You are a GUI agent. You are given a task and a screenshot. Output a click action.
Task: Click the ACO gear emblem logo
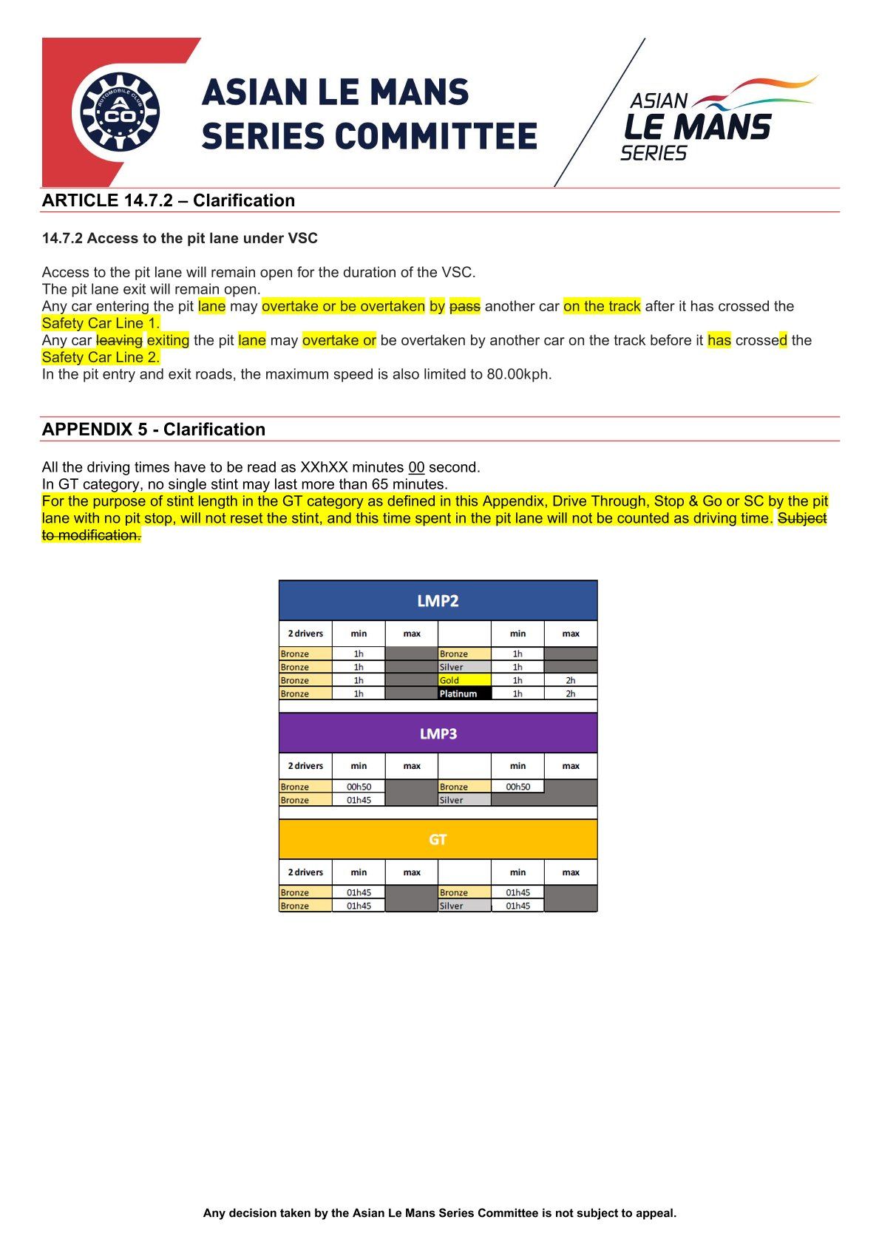119,112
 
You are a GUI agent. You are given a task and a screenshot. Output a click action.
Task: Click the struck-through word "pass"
465,306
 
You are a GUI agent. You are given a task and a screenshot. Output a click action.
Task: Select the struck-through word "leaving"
119,340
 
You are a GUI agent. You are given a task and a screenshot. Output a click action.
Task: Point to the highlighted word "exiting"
168,340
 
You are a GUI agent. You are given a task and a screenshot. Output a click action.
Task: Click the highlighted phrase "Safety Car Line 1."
101,323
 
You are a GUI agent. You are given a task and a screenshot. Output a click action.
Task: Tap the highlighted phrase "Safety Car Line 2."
101,357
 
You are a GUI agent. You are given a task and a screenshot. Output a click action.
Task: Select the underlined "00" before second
416,467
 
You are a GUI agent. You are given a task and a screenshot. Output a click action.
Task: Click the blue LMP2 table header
438,600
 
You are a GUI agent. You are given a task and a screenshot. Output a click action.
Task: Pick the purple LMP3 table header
438,733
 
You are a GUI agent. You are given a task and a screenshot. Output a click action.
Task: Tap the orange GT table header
438,839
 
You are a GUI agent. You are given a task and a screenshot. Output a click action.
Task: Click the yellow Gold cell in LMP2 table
464,680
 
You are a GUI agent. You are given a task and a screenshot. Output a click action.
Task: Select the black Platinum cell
464,693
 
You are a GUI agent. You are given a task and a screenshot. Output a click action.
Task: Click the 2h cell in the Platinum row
570,693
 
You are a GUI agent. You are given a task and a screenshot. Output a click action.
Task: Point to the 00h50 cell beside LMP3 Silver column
517,787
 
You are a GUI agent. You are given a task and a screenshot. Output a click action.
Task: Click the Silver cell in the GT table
464,906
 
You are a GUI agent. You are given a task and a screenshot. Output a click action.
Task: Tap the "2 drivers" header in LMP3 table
305,766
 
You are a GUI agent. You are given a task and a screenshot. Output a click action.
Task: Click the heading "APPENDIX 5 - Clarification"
154,430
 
